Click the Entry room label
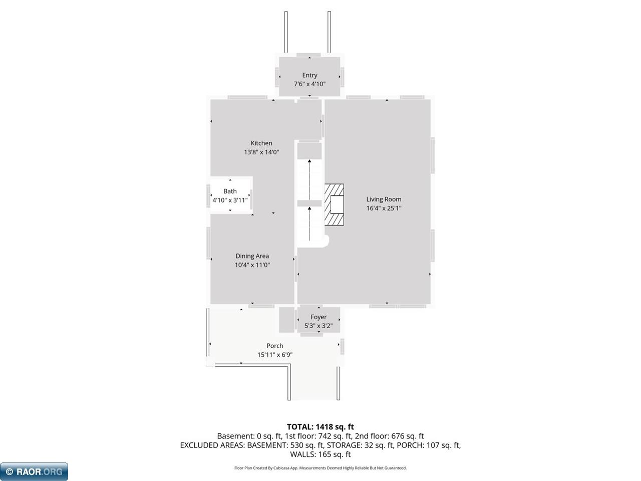coord(309,75)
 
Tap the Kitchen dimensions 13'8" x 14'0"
coord(261,152)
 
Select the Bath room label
coord(230,191)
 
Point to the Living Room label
coord(384,199)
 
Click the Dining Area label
coord(252,256)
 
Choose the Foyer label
coord(318,317)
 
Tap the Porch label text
coord(275,346)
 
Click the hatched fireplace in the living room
coord(334,204)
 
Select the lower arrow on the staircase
coord(309,223)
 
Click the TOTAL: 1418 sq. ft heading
coord(320,427)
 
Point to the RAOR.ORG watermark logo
coord(34,471)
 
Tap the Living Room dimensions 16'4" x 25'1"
coord(384,208)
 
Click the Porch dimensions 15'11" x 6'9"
coord(275,355)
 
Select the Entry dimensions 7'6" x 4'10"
coord(309,84)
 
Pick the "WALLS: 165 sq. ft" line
coord(320,454)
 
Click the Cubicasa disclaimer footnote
coord(320,468)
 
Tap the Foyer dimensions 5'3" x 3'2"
coord(318,326)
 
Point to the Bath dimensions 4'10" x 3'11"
coord(230,200)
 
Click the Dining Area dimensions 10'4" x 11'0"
coord(252,265)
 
